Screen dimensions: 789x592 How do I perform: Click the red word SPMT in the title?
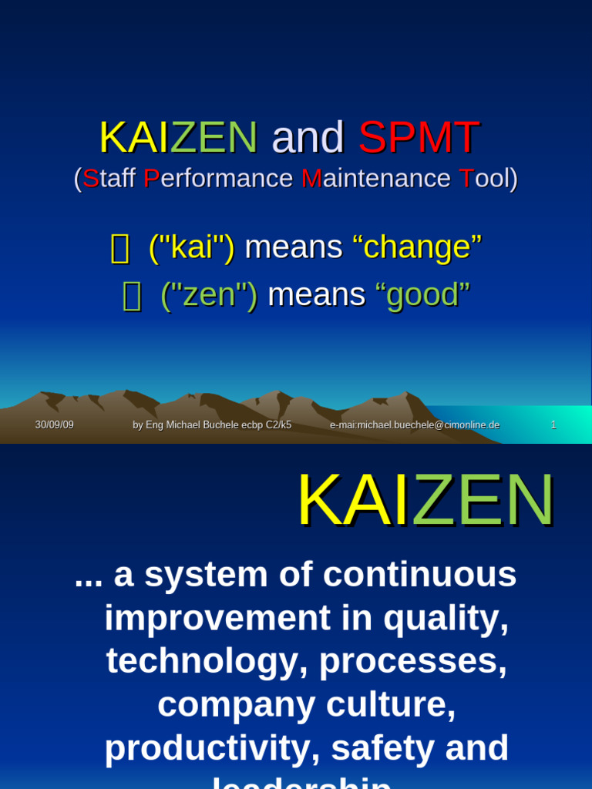(419, 138)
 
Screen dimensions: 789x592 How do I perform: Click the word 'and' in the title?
(308, 138)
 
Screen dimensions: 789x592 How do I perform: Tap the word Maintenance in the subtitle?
(375, 178)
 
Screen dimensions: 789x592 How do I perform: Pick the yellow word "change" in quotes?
(417, 247)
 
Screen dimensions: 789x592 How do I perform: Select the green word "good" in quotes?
(422, 295)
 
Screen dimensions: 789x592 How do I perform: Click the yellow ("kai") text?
(191, 247)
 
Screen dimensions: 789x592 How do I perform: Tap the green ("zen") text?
(209, 295)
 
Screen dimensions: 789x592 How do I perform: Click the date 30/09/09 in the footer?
(54, 425)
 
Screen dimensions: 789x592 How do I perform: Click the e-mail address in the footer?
(415, 425)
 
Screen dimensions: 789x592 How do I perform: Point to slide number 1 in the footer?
(553, 425)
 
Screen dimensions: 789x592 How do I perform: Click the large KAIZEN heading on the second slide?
(425, 502)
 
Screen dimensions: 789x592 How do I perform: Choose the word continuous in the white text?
(419, 575)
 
